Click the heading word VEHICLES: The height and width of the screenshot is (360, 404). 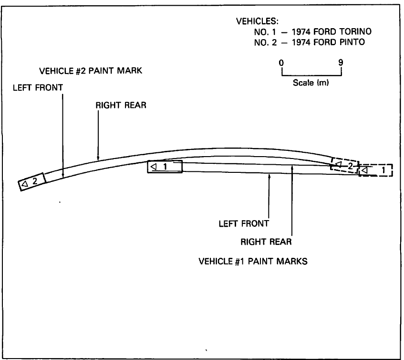(x=258, y=22)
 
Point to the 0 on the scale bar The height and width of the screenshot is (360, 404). (x=282, y=62)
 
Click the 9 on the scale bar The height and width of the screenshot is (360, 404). (x=341, y=62)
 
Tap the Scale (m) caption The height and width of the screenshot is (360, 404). (x=311, y=83)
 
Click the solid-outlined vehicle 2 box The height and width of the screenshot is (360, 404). (x=32, y=181)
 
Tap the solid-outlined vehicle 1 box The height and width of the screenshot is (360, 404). (x=165, y=167)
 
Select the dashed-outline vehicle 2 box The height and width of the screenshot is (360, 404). (x=344, y=165)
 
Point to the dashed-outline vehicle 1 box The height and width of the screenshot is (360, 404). (x=375, y=170)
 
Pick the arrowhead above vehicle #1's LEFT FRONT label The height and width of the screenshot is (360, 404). (x=269, y=176)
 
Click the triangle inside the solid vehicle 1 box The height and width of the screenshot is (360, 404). (x=154, y=167)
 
